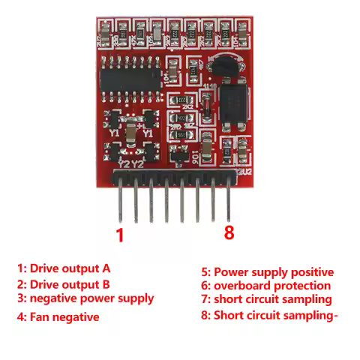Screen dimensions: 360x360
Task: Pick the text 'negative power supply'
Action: point(91,298)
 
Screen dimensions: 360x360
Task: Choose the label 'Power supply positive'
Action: point(274,272)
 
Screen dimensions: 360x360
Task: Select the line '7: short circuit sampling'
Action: point(266,300)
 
